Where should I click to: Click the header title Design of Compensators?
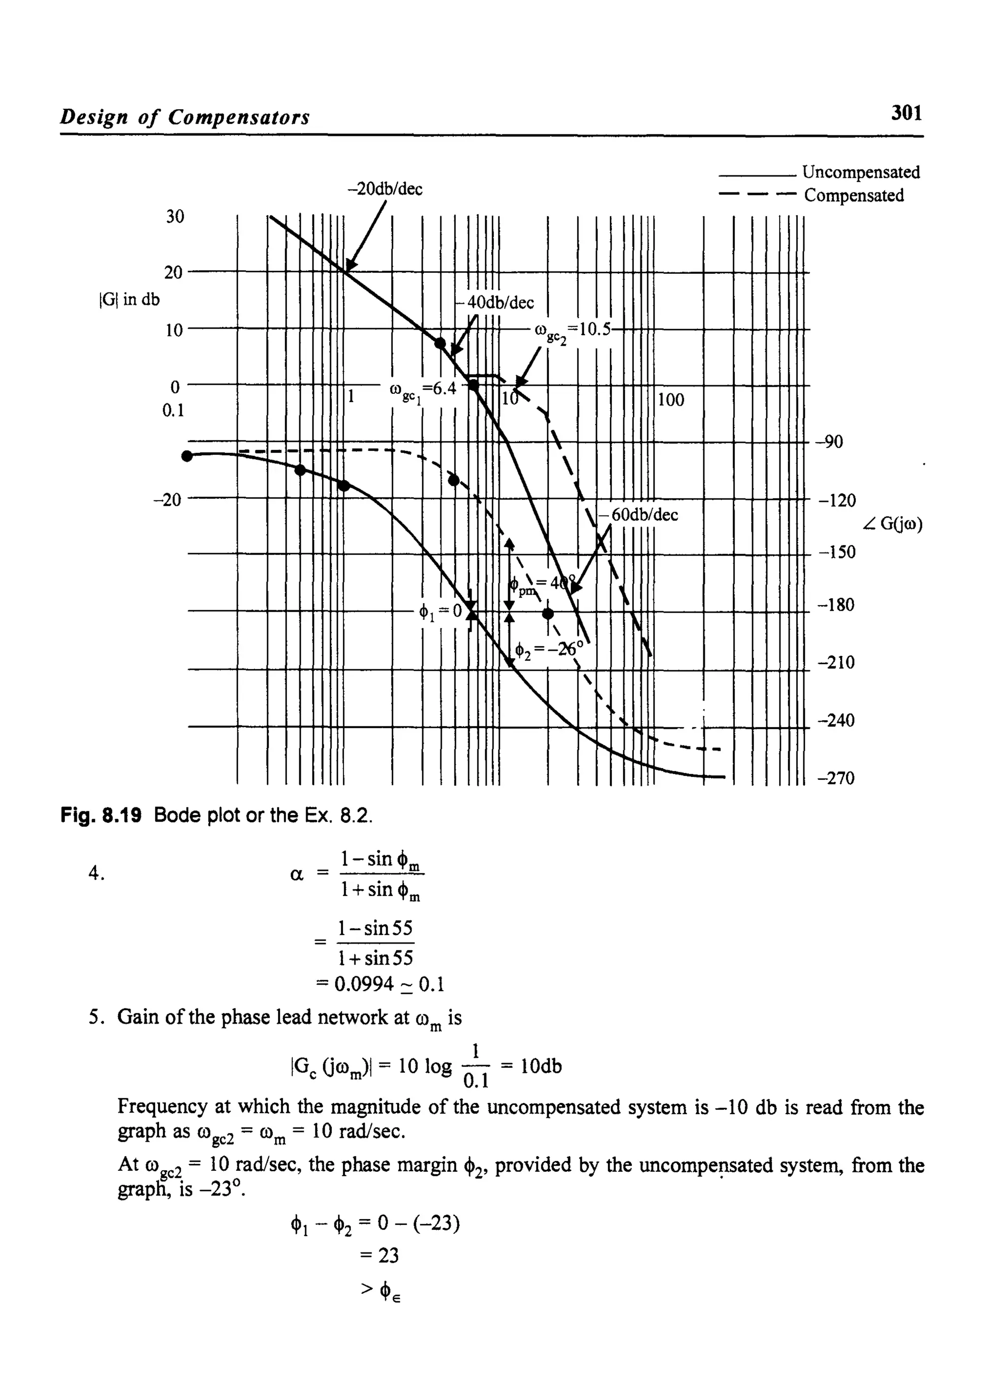(184, 117)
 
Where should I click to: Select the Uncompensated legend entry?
(860, 173)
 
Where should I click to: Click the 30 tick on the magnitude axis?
(175, 217)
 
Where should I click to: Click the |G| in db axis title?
(129, 300)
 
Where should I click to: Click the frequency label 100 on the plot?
(671, 400)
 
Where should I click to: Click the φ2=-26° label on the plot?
(549, 649)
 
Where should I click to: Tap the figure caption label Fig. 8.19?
(101, 815)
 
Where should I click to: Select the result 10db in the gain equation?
(539, 1066)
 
